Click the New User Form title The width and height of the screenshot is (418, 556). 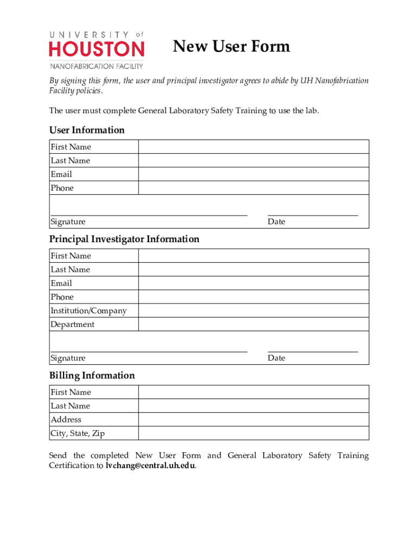(x=231, y=47)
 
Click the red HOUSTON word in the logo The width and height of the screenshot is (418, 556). (x=97, y=49)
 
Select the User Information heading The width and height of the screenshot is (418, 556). (x=87, y=130)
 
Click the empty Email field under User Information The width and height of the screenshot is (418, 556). (x=254, y=174)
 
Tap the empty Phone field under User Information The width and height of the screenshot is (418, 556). (x=254, y=188)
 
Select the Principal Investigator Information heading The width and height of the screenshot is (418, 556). (x=124, y=239)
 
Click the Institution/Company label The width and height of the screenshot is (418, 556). (x=88, y=311)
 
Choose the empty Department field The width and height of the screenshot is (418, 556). (x=254, y=324)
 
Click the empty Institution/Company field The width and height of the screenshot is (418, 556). (x=254, y=311)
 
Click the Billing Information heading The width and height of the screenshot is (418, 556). (x=92, y=376)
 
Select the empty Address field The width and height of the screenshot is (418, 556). (x=254, y=420)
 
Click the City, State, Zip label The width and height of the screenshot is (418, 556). (x=78, y=433)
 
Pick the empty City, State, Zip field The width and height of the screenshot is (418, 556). (x=254, y=433)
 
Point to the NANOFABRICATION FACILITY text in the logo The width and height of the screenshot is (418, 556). (x=97, y=66)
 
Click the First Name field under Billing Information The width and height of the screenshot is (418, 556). (x=254, y=392)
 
